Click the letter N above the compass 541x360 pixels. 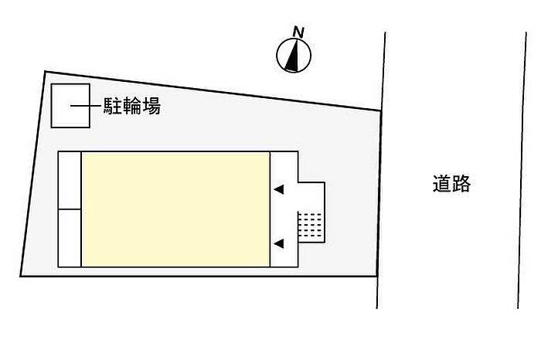coord(298,32)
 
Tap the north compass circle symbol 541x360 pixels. coord(294,56)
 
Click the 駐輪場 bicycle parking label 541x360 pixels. coord(131,107)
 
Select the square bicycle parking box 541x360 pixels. coord(69,106)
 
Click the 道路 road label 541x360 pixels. coord(451,184)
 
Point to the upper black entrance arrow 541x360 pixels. coord(279,189)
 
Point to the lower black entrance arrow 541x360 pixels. coord(279,244)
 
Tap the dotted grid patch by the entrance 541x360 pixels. coord(311,225)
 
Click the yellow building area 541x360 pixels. coord(175,209)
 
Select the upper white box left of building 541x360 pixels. coord(70,180)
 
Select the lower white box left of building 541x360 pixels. coord(70,237)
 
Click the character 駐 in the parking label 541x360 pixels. coord(113,107)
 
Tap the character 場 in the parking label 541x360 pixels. coord(151,107)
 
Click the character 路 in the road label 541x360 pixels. coord(461,184)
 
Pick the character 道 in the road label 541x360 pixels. coord(441,184)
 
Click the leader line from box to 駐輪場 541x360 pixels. coord(86,106)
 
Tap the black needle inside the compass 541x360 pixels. coord(293,56)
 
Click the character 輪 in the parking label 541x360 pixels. coord(131,107)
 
